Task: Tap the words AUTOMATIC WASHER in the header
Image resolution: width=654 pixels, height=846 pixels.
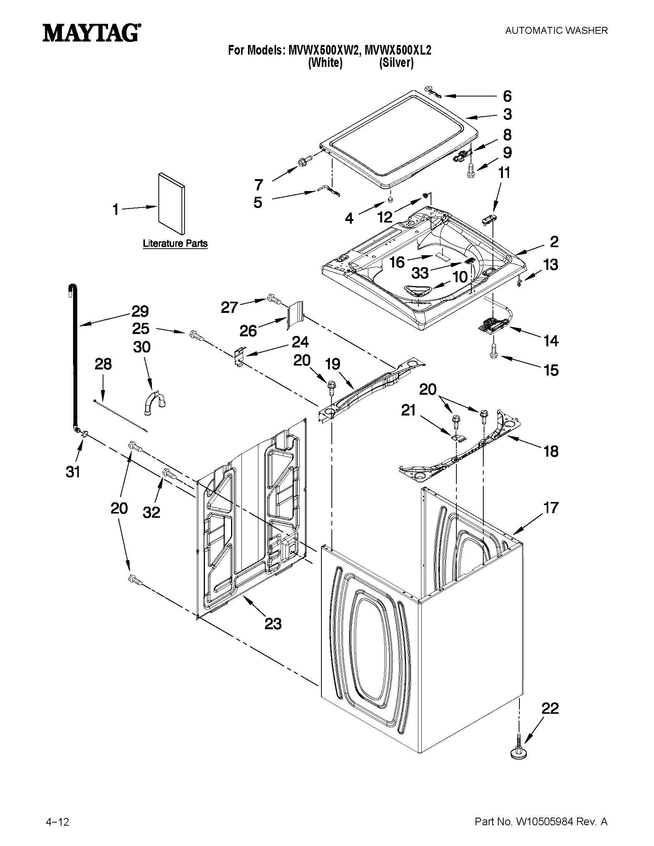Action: point(556,31)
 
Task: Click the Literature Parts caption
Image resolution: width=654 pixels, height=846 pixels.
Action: point(175,244)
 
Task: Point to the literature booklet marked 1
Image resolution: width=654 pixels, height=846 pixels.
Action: point(171,203)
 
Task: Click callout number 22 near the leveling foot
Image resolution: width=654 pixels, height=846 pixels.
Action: point(550,708)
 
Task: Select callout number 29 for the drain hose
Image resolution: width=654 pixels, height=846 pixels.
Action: point(140,311)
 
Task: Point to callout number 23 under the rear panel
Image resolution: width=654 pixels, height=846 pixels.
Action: point(273,624)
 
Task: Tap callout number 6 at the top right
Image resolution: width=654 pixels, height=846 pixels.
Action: point(507,96)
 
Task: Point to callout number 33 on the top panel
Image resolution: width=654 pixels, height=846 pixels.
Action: point(420,273)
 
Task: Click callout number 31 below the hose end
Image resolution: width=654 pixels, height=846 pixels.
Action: point(72,472)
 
